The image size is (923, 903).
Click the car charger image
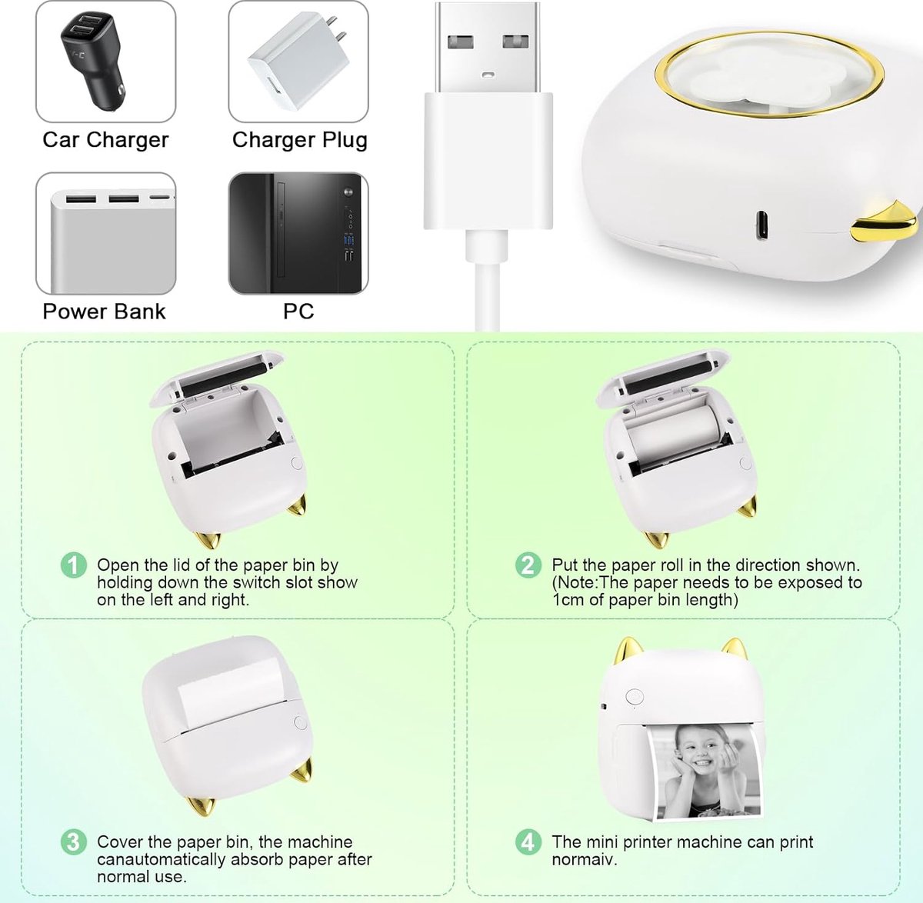(x=105, y=62)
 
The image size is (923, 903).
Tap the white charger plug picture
(x=298, y=62)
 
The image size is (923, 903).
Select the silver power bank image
(x=105, y=234)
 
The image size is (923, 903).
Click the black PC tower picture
(x=298, y=234)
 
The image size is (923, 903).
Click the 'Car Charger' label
(x=105, y=140)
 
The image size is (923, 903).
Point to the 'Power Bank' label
(x=104, y=312)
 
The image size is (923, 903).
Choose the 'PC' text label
(x=298, y=312)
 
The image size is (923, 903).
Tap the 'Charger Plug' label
(x=299, y=140)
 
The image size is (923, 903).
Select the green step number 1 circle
(x=74, y=566)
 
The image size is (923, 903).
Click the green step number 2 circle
(x=528, y=566)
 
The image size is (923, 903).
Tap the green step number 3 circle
(x=74, y=842)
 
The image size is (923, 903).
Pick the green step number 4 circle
(x=528, y=842)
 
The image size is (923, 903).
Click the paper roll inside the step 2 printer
(x=674, y=431)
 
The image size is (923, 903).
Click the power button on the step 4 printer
(x=635, y=697)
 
